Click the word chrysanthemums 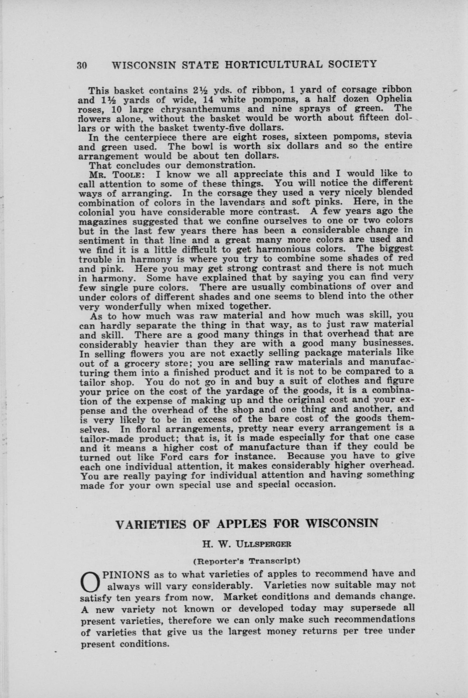[196, 109]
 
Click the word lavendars [235, 202]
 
